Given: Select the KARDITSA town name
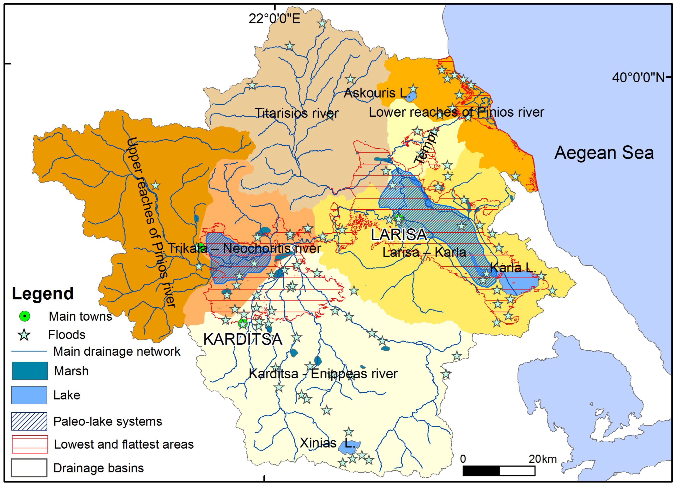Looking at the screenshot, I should [x=243, y=339].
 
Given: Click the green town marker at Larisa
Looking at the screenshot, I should [x=399, y=219].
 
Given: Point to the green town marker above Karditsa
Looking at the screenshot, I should [x=243, y=323].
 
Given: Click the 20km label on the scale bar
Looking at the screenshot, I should [x=543, y=459].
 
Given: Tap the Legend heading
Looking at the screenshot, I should [x=43, y=294].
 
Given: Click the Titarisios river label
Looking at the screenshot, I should [x=297, y=113].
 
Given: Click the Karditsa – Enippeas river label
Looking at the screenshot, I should [x=323, y=374].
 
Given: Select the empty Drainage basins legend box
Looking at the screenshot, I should [x=29, y=468].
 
